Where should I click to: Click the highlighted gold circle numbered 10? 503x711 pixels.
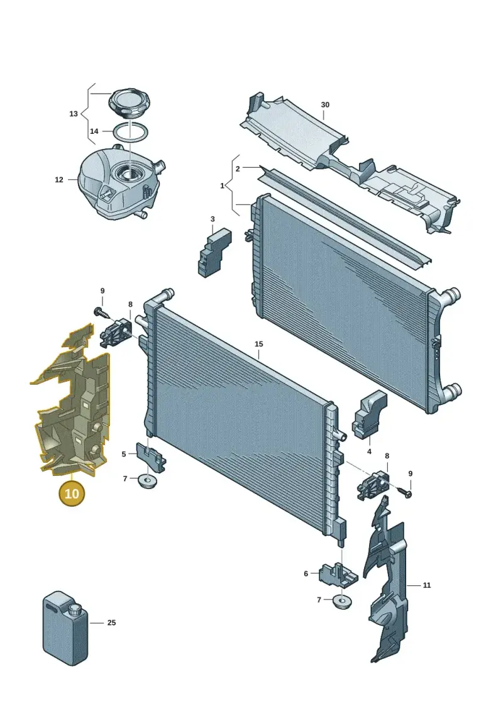point(72,493)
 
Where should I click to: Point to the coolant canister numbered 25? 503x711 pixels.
point(66,627)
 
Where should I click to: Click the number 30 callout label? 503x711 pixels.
point(325,105)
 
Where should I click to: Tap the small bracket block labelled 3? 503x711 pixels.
point(214,252)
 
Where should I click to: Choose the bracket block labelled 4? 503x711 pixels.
point(370,415)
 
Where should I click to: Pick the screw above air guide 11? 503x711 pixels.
point(405,492)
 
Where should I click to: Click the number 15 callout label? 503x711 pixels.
point(258,344)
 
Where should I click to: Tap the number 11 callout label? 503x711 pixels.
point(427,585)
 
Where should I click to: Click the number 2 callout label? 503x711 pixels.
point(238,169)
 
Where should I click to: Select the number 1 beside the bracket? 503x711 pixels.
point(222,186)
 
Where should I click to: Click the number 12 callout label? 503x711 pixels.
point(59,180)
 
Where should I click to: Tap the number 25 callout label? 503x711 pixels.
point(111,623)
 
